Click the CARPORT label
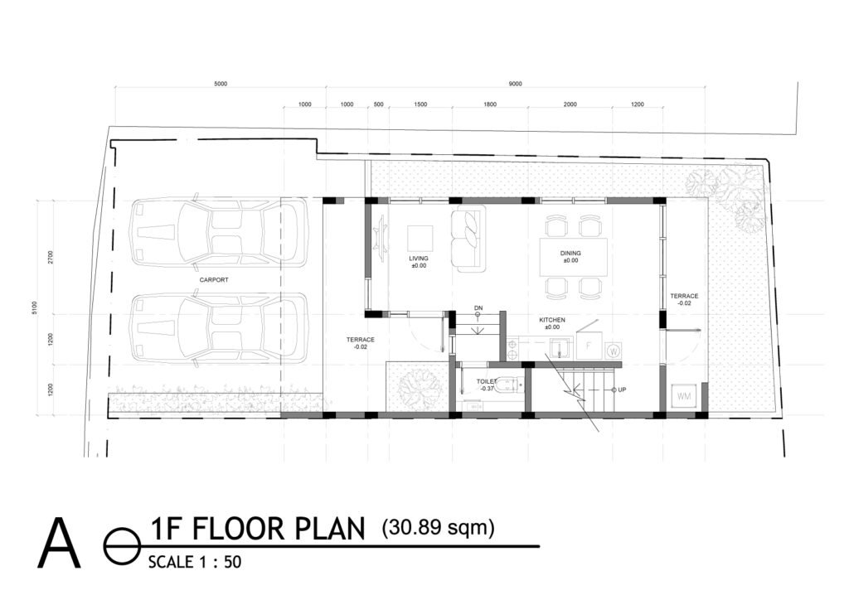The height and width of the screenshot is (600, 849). [214, 280]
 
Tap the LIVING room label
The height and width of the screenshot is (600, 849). [418, 259]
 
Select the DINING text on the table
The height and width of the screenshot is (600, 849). [570, 254]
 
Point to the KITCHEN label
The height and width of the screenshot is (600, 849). [552, 320]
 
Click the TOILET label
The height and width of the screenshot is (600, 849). [487, 382]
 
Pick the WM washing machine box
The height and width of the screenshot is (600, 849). [684, 397]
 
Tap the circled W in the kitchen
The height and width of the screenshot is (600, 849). [614, 351]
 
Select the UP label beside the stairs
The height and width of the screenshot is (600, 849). [621, 389]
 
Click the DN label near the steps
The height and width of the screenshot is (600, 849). [478, 308]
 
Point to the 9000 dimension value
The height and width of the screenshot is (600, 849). [515, 84]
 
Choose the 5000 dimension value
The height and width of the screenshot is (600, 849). [221, 84]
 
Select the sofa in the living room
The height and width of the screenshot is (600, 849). [466, 240]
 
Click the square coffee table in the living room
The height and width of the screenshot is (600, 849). [419, 238]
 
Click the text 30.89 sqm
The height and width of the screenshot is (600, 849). [438, 527]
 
